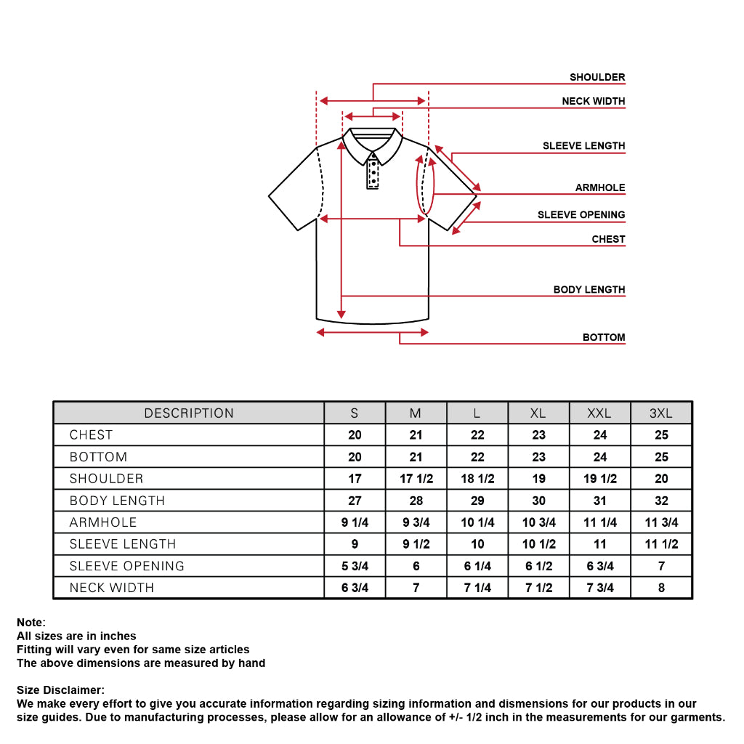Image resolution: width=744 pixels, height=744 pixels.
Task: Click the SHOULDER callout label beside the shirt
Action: [597, 77]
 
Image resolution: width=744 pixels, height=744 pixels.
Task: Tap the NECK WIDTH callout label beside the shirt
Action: [593, 101]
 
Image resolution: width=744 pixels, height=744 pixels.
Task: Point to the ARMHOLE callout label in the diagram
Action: [599, 187]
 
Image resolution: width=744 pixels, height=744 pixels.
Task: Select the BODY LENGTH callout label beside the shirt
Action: [589, 289]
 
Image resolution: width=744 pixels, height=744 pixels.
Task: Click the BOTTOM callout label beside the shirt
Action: [603, 337]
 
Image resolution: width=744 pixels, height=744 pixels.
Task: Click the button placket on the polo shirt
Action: [373, 173]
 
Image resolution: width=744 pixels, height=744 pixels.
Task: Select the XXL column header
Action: [599, 413]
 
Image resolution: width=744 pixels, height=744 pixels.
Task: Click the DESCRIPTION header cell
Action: [189, 413]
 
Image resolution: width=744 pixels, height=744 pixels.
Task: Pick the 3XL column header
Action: [660, 413]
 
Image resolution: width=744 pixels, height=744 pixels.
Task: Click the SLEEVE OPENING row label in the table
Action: [126, 566]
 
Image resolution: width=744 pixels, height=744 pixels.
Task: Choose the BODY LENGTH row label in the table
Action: [117, 501]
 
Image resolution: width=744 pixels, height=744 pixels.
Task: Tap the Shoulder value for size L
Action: [477, 479]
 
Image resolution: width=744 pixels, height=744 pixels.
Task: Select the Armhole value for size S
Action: [355, 522]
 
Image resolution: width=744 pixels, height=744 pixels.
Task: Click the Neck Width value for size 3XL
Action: [660, 588]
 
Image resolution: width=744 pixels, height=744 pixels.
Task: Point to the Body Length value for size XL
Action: [538, 501]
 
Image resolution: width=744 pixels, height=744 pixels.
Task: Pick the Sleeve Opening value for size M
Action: [416, 566]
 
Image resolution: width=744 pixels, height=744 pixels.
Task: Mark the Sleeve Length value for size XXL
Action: [599, 544]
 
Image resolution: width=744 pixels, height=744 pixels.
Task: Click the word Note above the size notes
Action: [31, 623]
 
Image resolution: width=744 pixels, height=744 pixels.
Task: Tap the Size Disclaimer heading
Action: [60, 690]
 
